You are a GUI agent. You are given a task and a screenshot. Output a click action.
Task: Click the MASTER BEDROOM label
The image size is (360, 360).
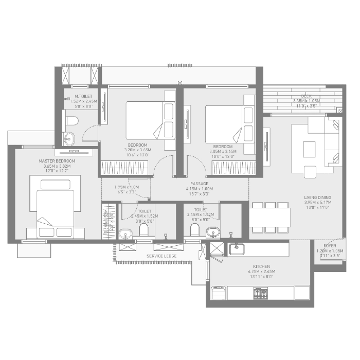(57, 161)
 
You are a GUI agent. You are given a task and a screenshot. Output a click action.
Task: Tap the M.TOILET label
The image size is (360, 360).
(83, 96)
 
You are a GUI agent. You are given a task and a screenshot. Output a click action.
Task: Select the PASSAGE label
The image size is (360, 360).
(199, 184)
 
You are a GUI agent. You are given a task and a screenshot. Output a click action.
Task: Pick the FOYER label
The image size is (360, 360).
(330, 246)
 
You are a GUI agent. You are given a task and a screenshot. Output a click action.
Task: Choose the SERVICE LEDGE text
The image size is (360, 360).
(161, 256)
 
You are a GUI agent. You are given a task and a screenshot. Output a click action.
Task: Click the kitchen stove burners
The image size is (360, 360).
(260, 293)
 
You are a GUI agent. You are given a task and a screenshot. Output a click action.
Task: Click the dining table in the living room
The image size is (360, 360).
(269, 216)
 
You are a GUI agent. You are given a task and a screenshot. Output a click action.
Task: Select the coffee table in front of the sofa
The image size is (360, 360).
(309, 149)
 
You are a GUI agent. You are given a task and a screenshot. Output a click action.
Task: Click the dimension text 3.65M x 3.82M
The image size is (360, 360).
(57, 166)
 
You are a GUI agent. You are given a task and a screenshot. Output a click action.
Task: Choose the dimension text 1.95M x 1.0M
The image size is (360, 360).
(127, 187)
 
